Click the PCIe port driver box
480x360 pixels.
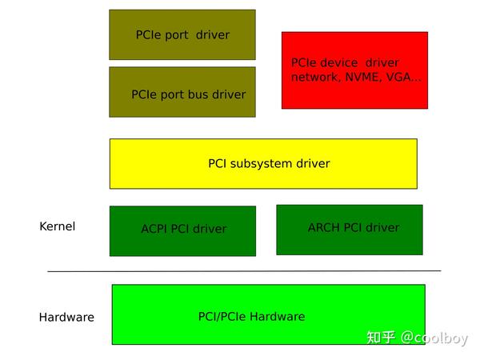click(182, 34)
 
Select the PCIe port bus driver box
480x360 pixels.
click(182, 92)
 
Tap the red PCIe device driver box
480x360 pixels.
click(354, 70)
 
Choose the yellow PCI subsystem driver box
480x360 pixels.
click(263, 164)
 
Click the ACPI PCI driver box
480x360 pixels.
click(182, 230)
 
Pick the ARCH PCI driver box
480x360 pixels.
click(350, 230)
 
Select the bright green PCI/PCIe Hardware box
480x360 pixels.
click(268, 314)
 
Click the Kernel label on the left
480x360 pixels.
click(58, 226)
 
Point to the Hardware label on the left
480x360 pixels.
click(66, 317)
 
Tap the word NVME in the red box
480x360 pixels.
click(355, 78)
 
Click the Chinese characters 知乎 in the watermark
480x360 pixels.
click(381, 338)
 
